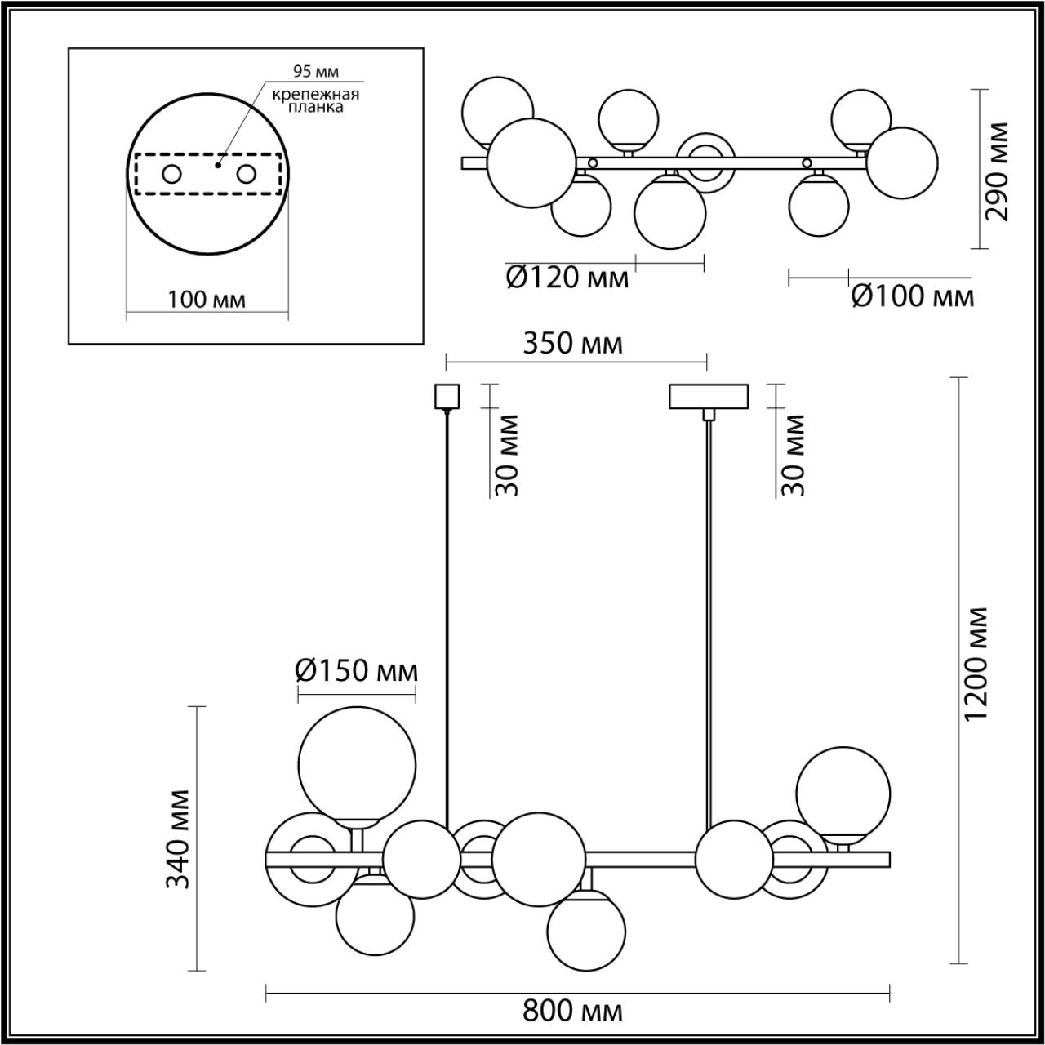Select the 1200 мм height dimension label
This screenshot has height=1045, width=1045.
[x=977, y=663]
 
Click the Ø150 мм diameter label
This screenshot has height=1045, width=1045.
[x=356, y=671]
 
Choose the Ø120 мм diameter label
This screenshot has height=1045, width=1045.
[x=567, y=278]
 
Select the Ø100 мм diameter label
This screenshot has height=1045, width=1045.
[x=912, y=296]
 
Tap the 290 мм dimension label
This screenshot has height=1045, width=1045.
[x=997, y=171]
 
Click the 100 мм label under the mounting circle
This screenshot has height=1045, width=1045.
[x=207, y=300]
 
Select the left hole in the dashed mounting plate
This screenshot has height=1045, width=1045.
[x=171, y=174]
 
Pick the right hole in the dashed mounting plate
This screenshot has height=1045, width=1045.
[x=247, y=174]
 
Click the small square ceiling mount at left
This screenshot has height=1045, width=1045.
[x=447, y=396]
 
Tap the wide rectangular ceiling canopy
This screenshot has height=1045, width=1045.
[x=708, y=396]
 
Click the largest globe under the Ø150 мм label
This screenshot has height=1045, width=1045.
[x=357, y=764]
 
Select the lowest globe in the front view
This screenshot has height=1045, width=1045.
[x=586, y=931]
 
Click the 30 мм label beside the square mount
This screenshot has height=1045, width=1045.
[x=506, y=455]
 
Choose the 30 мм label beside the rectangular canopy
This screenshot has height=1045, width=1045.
[x=793, y=455]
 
